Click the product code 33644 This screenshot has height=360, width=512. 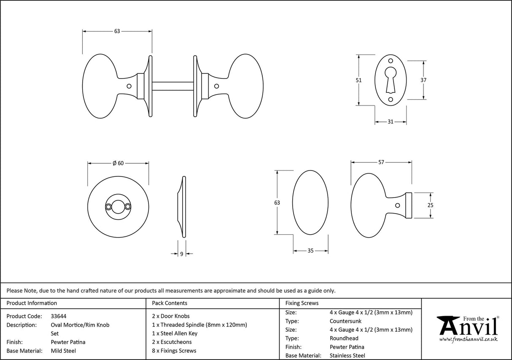pyautogui.click(x=58, y=316)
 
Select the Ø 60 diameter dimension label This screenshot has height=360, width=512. pyautogui.click(x=118, y=164)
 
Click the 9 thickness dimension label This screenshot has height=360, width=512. pyautogui.click(x=181, y=254)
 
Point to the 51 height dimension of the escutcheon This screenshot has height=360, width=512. pyautogui.click(x=359, y=80)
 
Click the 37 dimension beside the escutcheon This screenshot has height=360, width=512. pyautogui.click(x=423, y=80)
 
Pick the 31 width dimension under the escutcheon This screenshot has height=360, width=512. pyautogui.click(x=390, y=122)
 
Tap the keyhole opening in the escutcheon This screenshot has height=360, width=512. pyautogui.click(x=391, y=78)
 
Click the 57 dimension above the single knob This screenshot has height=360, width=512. pyautogui.click(x=381, y=162)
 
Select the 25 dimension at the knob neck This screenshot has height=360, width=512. pyautogui.click(x=430, y=205)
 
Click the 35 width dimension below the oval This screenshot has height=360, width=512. pyautogui.click(x=310, y=251)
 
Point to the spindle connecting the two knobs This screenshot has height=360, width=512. pyautogui.click(x=172, y=86)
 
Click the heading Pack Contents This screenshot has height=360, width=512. pyautogui.click(x=169, y=303)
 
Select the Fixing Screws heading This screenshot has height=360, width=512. pyautogui.click(x=302, y=303)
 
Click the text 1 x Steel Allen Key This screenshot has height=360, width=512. pyautogui.click(x=175, y=333)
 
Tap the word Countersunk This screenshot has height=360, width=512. pyautogui.click(x=345, y=321)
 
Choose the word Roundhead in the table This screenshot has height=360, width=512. pyautogui.click(x=344, y=338)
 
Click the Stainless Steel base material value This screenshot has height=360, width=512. pyautogui.click(x=348, y=356)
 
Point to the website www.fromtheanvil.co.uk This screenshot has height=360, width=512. pyautogui.click(x=468, y=339)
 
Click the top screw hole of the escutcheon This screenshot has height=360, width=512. pyautogui.click(x=391, y=61)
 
